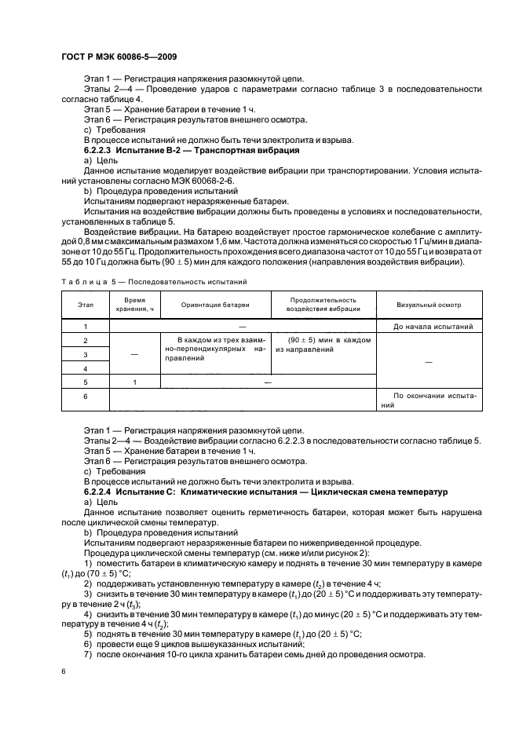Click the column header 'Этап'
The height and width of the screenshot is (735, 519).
[x=85, y=305]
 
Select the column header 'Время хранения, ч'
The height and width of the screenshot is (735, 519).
[x=134, y=305]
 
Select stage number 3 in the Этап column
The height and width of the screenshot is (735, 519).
[x=85, y=354]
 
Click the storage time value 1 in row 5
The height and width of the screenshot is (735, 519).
[x=134, y=382]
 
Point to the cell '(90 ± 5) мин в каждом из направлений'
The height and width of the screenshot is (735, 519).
[x=323, y=345]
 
